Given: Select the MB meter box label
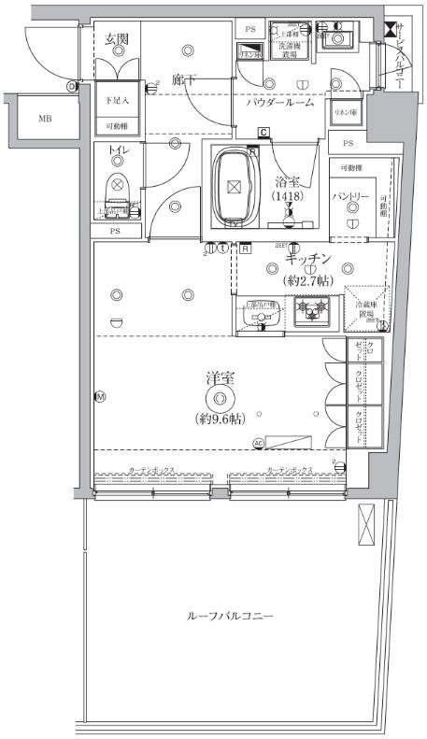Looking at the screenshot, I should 45,120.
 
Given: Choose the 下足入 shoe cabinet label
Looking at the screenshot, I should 117,98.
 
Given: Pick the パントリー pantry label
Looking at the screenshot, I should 352,197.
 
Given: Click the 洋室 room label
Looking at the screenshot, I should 221,378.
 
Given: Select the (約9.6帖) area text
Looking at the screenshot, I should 221,419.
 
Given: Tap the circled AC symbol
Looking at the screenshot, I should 257,442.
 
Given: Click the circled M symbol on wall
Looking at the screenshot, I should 99,397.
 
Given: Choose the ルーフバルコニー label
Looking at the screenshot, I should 230,618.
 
